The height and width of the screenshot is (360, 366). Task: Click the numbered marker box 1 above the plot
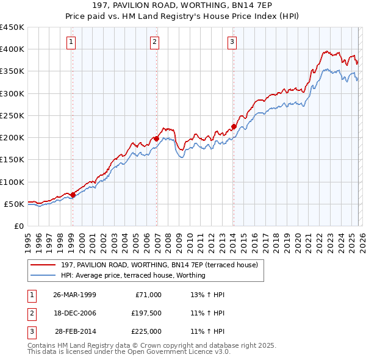(x=71, y=42)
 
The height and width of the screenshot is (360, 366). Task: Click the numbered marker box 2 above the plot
(x=155, y=42)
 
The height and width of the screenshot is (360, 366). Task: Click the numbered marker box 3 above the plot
(x=232, y=42)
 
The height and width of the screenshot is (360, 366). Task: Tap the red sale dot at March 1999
(x=73, y=195)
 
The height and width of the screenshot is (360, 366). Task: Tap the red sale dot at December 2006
(x=156, y=139)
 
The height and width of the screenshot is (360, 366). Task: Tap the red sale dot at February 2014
(x=234, y=127)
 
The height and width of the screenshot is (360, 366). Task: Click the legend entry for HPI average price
(x=133, y=275)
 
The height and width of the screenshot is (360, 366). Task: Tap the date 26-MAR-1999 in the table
(x=74, y=295)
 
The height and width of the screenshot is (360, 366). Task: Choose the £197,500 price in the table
(x=146, y=313)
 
